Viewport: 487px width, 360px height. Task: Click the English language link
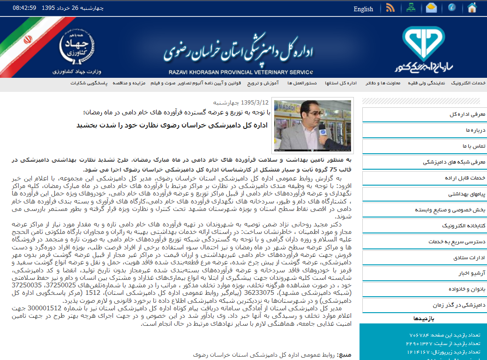click(363, 9)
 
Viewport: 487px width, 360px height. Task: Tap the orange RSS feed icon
click(390, 8)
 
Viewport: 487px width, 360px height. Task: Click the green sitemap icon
click(411, 8)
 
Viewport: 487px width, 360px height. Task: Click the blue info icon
click(452, 8)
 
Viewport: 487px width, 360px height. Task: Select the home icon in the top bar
click(472, 7)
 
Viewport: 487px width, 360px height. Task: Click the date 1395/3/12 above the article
click(255, 102)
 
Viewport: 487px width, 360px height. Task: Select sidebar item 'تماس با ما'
click(473, 146)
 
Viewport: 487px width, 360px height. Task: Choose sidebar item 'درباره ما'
click(475, 130)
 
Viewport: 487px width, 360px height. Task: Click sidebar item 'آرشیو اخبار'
click(471, 273)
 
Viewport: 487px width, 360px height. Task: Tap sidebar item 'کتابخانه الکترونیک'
click(462, 225)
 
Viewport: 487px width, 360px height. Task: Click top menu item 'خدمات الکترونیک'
click(468, 83)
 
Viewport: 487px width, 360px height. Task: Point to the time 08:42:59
click(24, 8)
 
